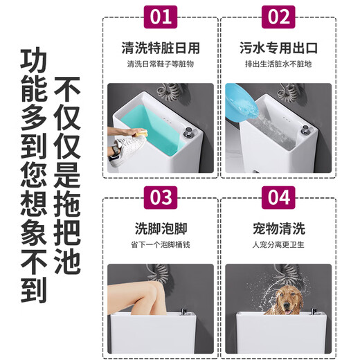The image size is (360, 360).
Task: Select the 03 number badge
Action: pos(161,197)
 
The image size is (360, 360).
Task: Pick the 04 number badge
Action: pos(278,197)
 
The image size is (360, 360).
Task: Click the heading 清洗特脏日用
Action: pos(161,48)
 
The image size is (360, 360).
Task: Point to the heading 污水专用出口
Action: pos(278,48)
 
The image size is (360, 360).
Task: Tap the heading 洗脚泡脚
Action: pos(161,228)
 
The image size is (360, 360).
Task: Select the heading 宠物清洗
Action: pos(278,228)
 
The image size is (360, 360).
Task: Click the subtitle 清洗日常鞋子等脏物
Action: pos(161,65)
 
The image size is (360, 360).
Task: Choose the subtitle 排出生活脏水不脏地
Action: pos(278,65)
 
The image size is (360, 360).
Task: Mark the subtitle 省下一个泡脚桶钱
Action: pos(161,244)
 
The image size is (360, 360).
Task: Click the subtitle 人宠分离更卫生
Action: pos(278,244)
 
